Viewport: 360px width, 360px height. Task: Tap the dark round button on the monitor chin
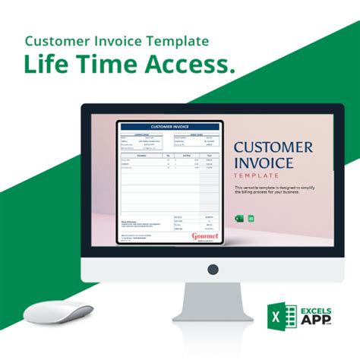click(212, 269)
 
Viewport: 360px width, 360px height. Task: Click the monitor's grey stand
click(212, 301)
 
